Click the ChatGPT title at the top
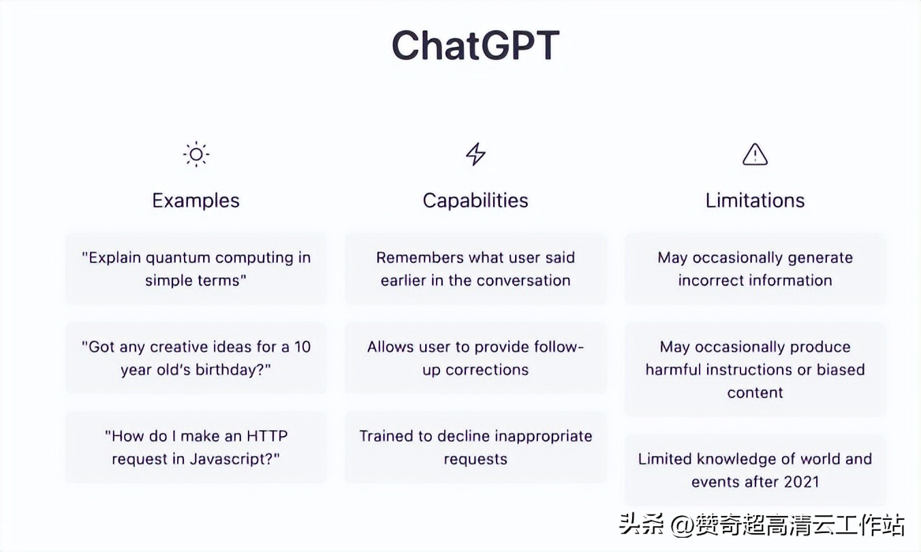coord(475,46)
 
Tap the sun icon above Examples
coord(196,155)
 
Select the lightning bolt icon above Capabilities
coord(475,155)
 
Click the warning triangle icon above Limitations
coord(755,155)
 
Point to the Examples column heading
coord(196,200)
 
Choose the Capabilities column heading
coord(475,200)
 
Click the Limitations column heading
coord(755,200)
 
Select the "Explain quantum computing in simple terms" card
coord(196,269)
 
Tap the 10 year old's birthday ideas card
coord(196,358)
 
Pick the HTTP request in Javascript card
coord(196,447)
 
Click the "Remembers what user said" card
coord(475,269)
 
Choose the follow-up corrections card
coord(475,358)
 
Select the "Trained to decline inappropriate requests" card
coord(475,447)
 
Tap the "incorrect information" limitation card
coord(755,269)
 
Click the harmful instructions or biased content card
coord(755,369)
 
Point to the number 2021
coord(802,482)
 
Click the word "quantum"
coord(178,258)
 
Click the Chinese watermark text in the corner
coord(762,525)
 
